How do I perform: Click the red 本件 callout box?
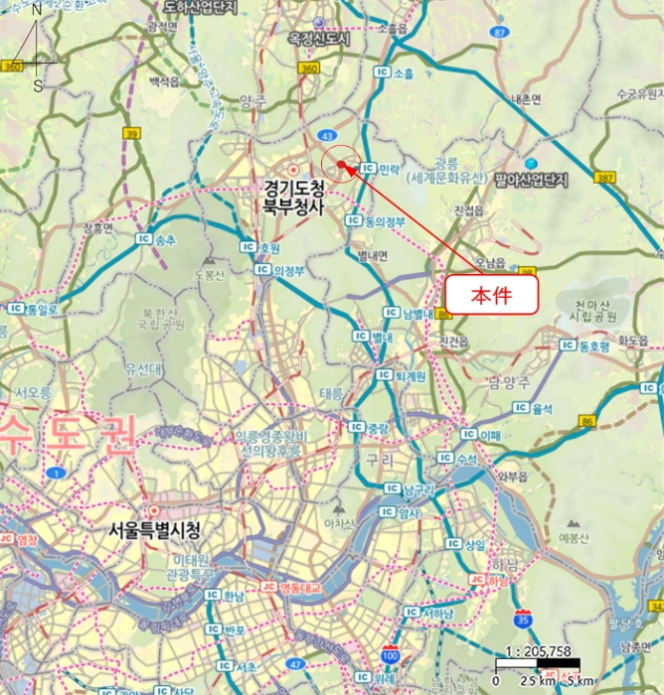[x=490, y=295]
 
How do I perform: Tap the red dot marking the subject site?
[x=340, y=165]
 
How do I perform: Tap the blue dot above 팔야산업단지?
[x=531, y=163]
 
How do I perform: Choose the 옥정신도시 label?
[x=319, y=38]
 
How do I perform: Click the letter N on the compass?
[x=37, y=10]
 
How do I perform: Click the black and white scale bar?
[x=538, y=664]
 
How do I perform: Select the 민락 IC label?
[x=382, y=170]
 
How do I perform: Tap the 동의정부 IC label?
[x=377, y=221]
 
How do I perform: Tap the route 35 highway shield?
[x=523, y=619]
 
